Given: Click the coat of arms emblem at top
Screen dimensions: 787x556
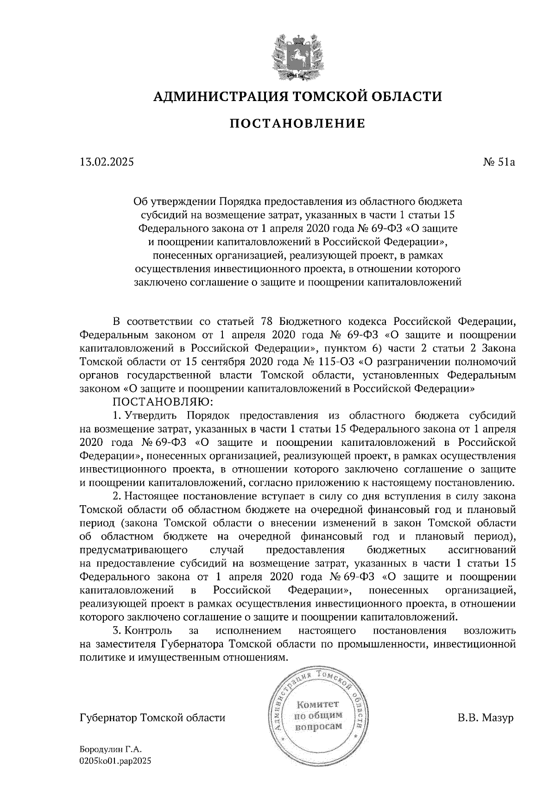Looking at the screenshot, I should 297,55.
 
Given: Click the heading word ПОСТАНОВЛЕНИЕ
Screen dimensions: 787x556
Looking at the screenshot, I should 297,123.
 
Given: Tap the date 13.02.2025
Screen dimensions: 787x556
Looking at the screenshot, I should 106,162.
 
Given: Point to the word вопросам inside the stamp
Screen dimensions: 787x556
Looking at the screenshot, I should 319,726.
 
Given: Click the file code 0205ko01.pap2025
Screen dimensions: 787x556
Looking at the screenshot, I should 115,761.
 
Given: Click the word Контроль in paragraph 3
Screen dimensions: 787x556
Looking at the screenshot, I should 148,630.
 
